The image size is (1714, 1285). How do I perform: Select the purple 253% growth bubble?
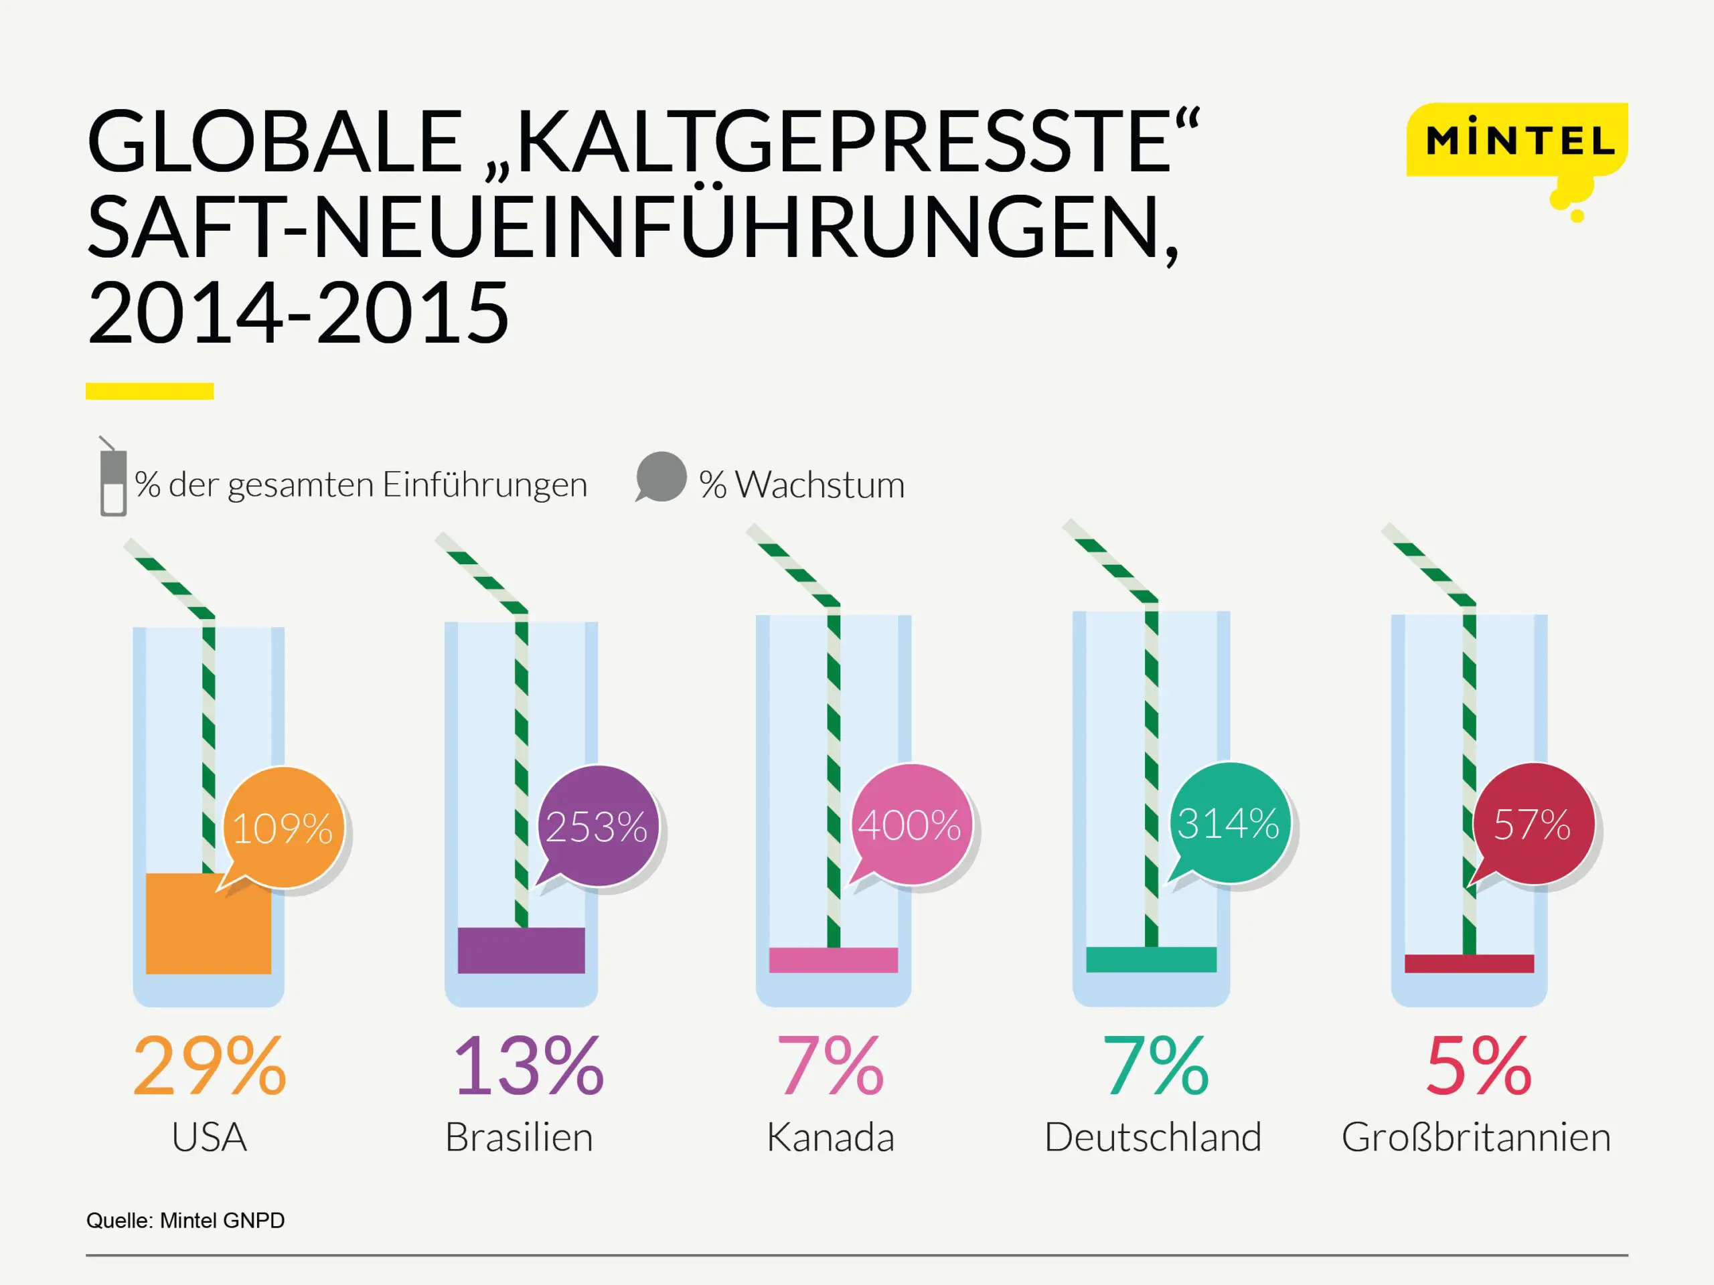pos(597,826)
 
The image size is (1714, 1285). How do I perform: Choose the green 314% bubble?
pos(1229,823)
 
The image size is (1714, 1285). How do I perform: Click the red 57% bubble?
pos(1533,823)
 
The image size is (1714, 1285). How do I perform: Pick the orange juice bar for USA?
pos(208,924)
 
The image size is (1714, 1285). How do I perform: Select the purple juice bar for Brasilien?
pos(522,950)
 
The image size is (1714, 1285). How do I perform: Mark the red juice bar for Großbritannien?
pos(1469,963)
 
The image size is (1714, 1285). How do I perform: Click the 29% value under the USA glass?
pos(209,1067)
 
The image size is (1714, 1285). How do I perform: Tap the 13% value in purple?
pos(528,1067)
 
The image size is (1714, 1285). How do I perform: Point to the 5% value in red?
pos(1478,1067)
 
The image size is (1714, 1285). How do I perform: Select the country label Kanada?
pos(831,1137)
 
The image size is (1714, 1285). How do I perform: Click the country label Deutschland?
pos(1153,1137)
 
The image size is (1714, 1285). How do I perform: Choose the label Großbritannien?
pos(1476,1137)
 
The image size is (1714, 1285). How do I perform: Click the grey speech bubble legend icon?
pos(661,477)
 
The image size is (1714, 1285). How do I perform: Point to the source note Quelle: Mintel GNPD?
pos(185,1221)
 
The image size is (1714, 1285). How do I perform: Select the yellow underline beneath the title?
pos(149,391)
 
